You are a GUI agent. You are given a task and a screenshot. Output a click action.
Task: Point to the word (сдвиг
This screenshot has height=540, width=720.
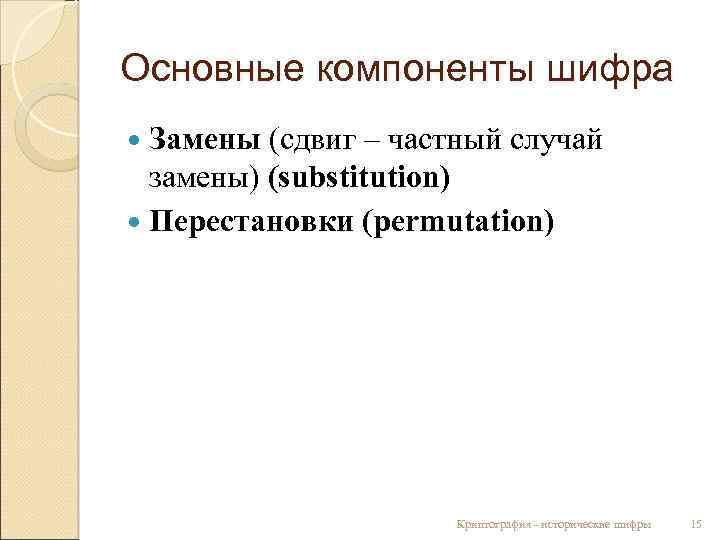pyautogui.click(x=314, y=142)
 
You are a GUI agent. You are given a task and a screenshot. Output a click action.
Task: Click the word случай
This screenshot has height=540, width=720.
pyautogui.click(x=556, y=141)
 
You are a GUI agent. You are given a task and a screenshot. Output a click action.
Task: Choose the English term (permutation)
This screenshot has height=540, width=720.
pyautogui.click(x=459, y=218)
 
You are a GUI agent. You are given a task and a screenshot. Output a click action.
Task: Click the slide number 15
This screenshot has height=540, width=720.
pyautogui.click(x=697, y=523)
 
